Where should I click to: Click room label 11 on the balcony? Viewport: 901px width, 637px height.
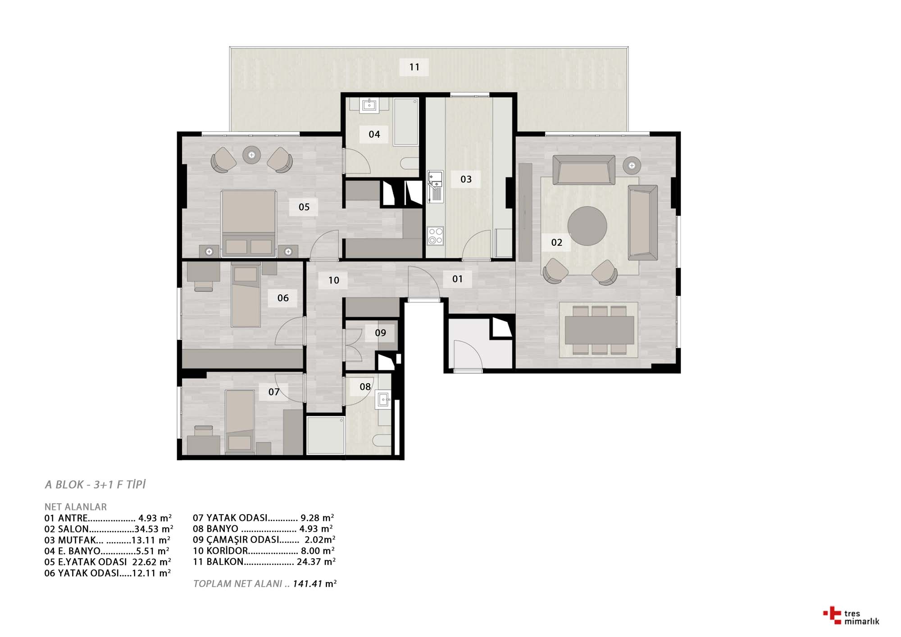(x=414, y=67)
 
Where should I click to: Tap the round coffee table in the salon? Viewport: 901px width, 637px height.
(x=587, y=226)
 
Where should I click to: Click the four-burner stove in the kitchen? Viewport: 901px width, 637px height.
(x=436, y=236)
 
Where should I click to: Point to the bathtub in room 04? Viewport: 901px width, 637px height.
(x=406, y=122)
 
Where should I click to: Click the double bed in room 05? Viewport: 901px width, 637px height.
(x=248, y=223)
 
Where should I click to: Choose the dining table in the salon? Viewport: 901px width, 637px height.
(x=600, y=330)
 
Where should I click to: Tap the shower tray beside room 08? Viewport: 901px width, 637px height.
(x=326, y=435)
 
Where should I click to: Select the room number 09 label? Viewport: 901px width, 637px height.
(x=381, y=333)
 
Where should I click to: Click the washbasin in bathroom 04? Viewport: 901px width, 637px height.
(x=369, y=105)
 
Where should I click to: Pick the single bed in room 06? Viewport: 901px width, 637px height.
(x=246, y=295)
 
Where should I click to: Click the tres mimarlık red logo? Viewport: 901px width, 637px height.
(x=832, y=615)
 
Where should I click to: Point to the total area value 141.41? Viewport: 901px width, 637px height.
(x=308, y=584)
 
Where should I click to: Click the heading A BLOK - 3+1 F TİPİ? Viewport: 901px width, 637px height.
(x=96, y=485)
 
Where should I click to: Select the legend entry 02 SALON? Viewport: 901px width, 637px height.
(x=109, y=529)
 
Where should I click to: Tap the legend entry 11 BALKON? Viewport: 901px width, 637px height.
(x=264, y=562)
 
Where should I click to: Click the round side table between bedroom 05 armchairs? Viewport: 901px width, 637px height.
(x=251, y=155)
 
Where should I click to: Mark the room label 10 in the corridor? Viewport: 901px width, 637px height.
(x=334, y=280)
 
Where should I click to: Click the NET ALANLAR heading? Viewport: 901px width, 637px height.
(x=76, y=507)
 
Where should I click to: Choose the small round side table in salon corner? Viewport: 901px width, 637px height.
(x=632, y=166)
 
